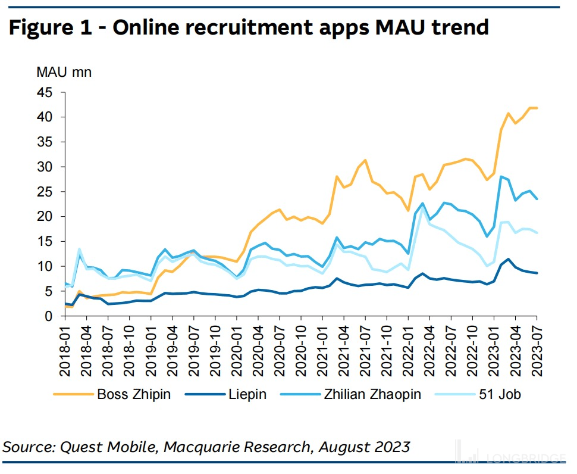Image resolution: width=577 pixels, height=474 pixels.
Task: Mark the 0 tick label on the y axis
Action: coord(49,316)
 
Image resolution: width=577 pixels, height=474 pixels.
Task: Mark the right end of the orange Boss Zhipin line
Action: coord(537,108)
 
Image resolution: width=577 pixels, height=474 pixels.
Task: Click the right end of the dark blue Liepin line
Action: coord(537,273)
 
